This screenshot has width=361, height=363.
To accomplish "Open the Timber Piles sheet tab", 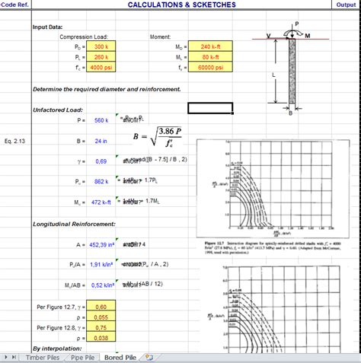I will tap(42, 357).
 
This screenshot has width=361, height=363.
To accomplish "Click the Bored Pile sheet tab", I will tap(120, 357).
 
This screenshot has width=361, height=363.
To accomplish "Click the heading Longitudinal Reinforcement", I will tap(74, 224).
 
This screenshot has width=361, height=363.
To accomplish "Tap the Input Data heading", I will tap(47, 27).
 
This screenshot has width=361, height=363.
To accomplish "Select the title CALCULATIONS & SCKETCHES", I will tap(181, 5).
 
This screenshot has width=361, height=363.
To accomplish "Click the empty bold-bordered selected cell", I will tap(219, 108).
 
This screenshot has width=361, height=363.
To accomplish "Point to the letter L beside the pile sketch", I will tap(273, 75).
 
